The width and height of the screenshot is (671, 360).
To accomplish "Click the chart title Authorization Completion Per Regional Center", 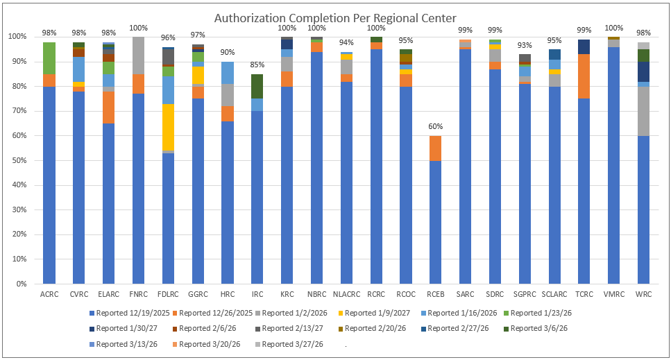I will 335,17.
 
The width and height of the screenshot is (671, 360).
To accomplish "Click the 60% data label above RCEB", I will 435,127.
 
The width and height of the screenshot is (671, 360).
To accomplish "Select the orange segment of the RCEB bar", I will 435,148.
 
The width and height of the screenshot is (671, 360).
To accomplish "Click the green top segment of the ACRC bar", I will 49,58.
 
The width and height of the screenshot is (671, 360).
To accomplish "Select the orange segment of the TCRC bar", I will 584,76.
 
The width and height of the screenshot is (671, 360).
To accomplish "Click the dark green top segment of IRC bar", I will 257,86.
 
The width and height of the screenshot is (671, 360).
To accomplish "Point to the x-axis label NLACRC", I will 346,293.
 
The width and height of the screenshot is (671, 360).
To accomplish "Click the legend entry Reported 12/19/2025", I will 132,313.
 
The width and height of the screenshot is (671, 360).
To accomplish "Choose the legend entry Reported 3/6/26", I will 539,328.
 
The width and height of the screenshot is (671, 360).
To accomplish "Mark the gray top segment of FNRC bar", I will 138,55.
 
